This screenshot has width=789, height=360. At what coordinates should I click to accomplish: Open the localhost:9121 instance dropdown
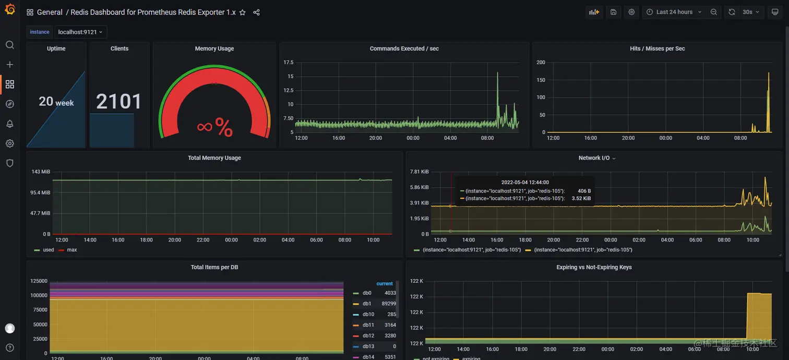80,32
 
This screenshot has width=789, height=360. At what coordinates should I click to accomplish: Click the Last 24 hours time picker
674,12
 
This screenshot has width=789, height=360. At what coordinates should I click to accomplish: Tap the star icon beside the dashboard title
242,13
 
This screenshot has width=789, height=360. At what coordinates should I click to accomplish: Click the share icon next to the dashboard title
256,13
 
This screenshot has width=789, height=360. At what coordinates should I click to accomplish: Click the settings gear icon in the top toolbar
631,12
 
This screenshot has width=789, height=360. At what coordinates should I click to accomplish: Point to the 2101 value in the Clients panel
119,102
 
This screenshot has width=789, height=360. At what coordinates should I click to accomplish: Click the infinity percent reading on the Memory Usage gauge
214,127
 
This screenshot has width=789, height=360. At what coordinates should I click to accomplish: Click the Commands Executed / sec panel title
404,49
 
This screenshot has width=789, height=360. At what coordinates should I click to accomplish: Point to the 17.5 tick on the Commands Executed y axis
288,63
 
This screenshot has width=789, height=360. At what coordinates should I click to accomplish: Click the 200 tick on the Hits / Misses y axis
541,63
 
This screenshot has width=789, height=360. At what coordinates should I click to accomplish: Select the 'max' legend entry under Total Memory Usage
71,250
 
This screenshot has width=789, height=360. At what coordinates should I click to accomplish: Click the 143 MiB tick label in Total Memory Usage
41,172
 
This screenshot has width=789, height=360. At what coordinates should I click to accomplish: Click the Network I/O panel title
594,158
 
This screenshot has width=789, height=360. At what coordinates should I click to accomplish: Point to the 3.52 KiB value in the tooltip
581,198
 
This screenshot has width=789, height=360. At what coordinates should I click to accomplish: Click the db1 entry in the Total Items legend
367,304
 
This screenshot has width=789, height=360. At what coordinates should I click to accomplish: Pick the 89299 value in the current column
389,304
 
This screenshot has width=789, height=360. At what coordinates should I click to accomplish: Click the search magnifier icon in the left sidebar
9,45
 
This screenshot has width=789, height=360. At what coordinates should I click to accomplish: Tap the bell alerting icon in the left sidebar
9,124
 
